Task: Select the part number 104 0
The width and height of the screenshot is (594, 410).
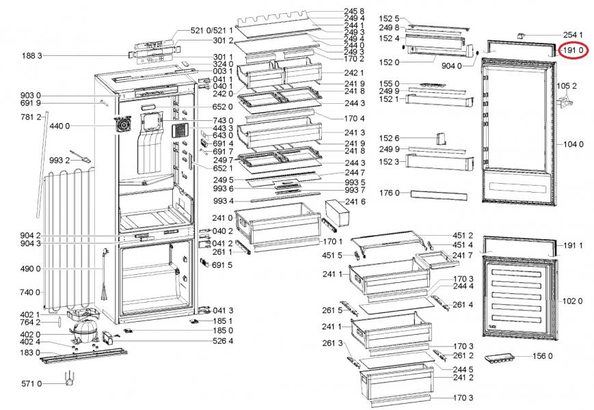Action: click(x=572, y=144)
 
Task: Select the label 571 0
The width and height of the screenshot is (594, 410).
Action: click(x=30, y=384)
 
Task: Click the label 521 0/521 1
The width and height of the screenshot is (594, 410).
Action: click(x=212, y=31)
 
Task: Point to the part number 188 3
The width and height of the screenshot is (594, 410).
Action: click(x=31, y=55)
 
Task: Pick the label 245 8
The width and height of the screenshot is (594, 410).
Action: click(x=354, y=12)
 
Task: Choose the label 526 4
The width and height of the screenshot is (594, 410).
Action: click(x=223, y=340)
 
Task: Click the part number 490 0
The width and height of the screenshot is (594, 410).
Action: click(x=30, y=269)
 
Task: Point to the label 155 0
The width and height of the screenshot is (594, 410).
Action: click(x=388, y=83)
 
